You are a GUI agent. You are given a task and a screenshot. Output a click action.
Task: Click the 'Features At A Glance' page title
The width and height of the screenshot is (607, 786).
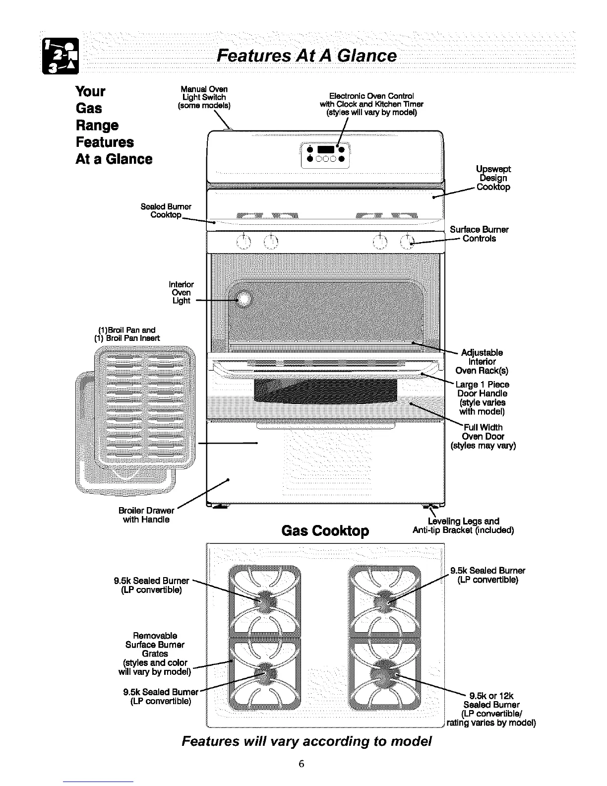point(306,56)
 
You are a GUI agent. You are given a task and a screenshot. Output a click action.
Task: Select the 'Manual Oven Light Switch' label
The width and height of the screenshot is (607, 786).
point(204,97)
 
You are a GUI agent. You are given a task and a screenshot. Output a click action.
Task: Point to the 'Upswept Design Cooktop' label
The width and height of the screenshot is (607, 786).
point(492,178)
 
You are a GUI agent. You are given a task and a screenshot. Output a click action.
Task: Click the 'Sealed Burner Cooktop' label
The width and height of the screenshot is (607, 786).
point(166,210)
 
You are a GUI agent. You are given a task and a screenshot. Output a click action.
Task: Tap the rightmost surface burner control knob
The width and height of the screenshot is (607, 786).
point(407,242)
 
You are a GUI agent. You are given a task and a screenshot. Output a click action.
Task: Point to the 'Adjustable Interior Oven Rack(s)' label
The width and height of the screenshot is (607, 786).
point(482,362)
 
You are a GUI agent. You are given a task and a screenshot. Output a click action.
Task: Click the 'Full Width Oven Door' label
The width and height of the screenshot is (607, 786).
point(483,436)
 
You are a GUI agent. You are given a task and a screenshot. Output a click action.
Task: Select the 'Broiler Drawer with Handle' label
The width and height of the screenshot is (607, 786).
point(146,515)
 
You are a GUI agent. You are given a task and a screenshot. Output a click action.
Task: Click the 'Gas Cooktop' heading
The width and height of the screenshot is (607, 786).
point(325,531)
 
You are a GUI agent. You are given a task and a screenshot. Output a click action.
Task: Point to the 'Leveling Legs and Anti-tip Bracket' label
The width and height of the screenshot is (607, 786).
point(463,525)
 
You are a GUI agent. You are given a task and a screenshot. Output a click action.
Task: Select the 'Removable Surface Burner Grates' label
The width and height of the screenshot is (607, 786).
point(155,654)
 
